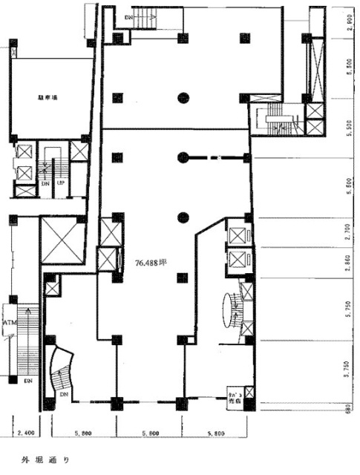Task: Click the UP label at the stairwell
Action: click(62, 183)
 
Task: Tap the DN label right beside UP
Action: click(46, 183)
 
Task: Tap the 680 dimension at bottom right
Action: click(349, 404)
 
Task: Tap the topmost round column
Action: click(183, 96)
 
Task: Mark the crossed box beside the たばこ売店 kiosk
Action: click(250, 391)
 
